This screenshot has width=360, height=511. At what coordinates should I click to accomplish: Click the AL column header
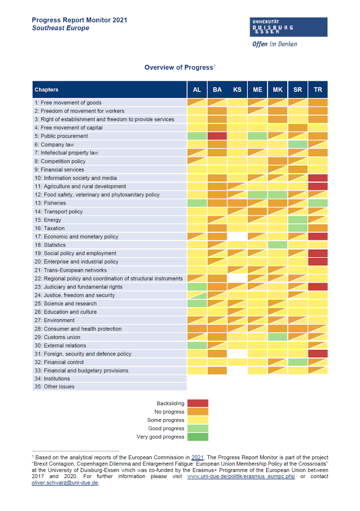197,89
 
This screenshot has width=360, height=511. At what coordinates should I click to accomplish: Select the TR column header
318,89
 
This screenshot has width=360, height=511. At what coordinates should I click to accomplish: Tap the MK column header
277,89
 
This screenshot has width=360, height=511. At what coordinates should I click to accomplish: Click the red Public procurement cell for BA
217,136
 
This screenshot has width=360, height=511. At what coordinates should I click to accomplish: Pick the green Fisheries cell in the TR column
318,203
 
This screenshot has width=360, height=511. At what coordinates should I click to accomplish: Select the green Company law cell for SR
298,144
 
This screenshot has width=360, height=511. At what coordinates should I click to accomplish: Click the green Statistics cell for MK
277,245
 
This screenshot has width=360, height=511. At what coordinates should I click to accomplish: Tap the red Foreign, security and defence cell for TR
318,354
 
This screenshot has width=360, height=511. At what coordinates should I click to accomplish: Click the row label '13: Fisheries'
50,203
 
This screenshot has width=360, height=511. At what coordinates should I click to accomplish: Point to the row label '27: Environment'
55,320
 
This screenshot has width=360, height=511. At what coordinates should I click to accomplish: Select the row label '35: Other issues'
54,386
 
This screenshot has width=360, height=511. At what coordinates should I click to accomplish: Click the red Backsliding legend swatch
198,403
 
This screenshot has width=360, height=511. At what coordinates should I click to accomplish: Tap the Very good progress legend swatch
198,437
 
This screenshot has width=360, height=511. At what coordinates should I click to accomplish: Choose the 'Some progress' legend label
166,420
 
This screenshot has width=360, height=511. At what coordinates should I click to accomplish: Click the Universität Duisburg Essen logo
288,27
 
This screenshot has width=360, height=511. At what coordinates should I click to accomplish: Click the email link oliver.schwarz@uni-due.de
65,483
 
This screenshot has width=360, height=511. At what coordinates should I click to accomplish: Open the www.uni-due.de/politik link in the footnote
241,476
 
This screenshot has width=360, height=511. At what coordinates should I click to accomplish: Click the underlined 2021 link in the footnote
197,458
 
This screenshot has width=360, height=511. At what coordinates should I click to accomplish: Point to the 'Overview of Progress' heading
179,68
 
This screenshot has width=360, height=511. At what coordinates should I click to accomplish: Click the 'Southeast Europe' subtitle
61,28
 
